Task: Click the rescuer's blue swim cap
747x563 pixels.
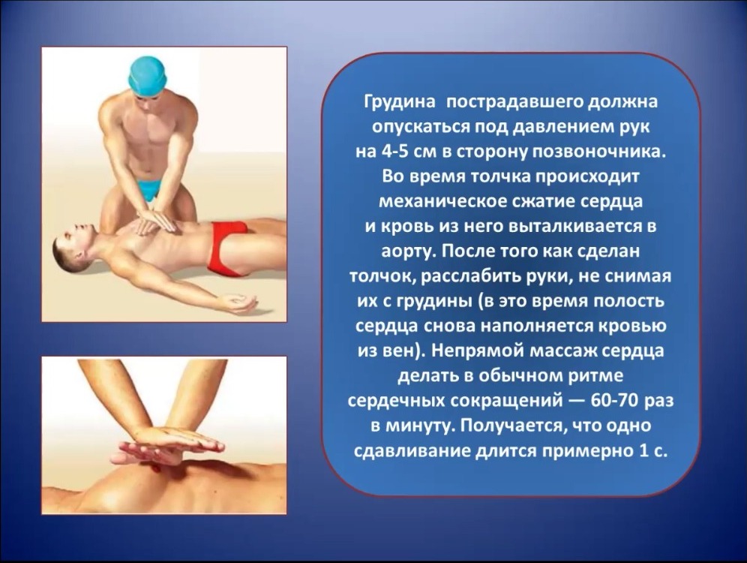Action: tap(148, 77)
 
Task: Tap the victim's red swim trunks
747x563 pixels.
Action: tap(228, 248)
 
